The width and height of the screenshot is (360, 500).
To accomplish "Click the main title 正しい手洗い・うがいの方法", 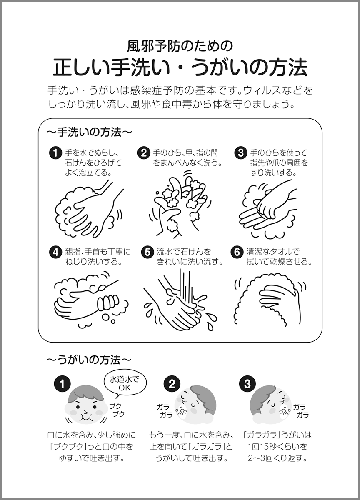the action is click(x=180, y=67).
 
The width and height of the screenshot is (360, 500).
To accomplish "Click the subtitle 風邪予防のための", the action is click(x=180, y=46).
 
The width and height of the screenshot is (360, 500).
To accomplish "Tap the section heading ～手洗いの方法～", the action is click(x=89, y=132).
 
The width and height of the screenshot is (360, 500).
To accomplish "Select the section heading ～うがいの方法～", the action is click(x=89, y=360).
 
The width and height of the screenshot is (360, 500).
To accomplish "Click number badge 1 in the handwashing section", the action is click(x=55, y=153).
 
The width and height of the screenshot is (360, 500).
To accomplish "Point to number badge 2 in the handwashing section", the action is click(x=144, y=153).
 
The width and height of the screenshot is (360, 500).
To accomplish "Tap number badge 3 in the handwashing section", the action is click(x=241, y=153).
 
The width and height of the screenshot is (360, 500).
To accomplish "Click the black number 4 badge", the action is click(x=55, y=252).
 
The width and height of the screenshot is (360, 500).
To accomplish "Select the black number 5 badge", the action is click(x=147, y=252).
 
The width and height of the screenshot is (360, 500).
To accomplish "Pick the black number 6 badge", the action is click(x=237, y=252).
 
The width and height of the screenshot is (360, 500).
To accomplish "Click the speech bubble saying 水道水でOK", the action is click(x=125, y=385).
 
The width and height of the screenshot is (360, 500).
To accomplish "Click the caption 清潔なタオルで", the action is click(x=273, y=252).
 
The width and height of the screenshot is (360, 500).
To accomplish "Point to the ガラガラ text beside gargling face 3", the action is click(x=300, y=411).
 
